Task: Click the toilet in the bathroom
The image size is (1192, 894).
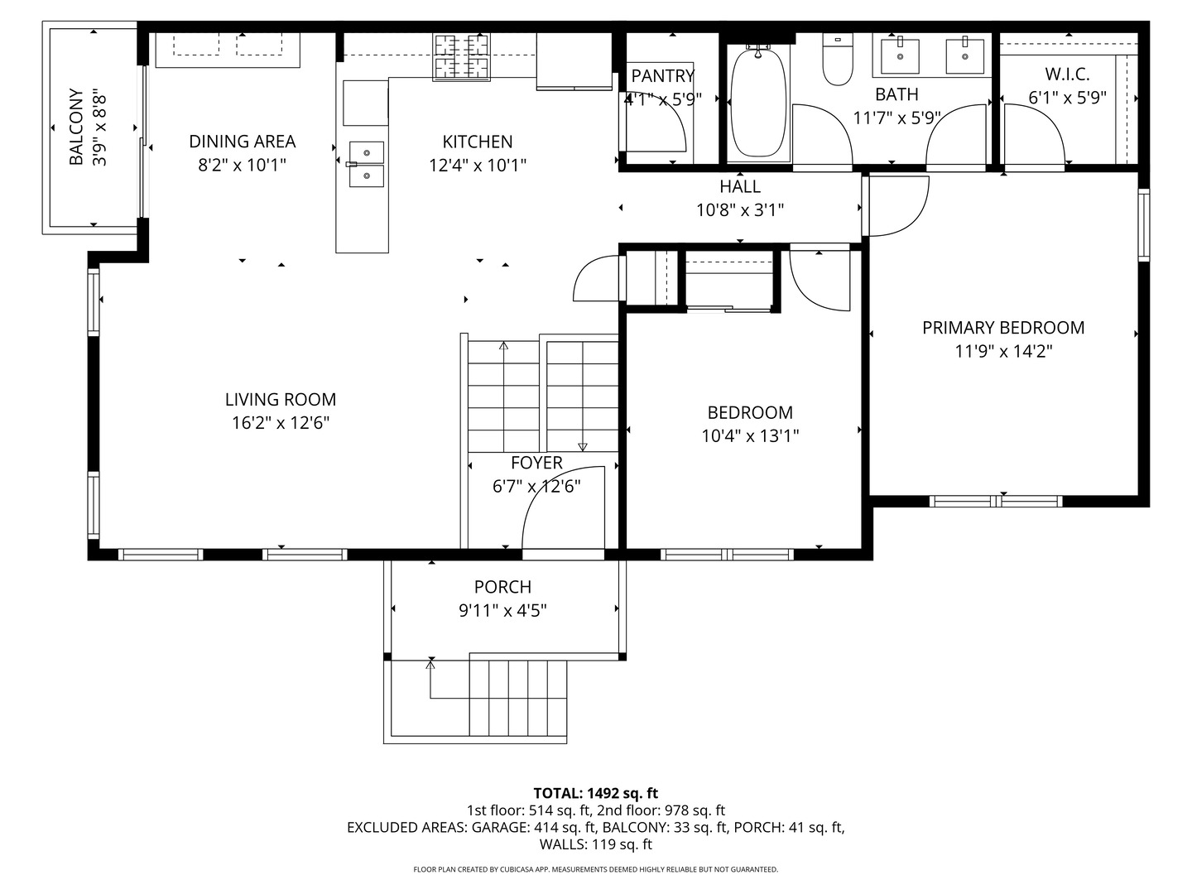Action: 837,59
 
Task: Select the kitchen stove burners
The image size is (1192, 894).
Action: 461,57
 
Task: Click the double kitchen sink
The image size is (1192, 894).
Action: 367,164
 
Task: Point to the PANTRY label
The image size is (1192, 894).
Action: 662,75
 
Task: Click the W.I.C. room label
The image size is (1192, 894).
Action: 1067,74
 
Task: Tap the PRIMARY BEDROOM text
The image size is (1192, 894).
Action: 1003,328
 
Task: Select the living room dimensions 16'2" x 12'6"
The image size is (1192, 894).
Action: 281,423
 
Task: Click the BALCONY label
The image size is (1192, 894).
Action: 77,127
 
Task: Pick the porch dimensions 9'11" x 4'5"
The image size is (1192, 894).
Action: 502,611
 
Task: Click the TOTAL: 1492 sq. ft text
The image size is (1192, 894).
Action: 596,793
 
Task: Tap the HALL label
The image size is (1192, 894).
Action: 740,187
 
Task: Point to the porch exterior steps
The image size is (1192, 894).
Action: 518,698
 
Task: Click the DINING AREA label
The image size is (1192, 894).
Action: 243,142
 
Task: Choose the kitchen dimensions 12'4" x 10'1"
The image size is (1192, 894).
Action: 478,165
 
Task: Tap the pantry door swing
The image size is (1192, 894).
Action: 656,125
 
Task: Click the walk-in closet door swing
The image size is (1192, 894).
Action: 1034,133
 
